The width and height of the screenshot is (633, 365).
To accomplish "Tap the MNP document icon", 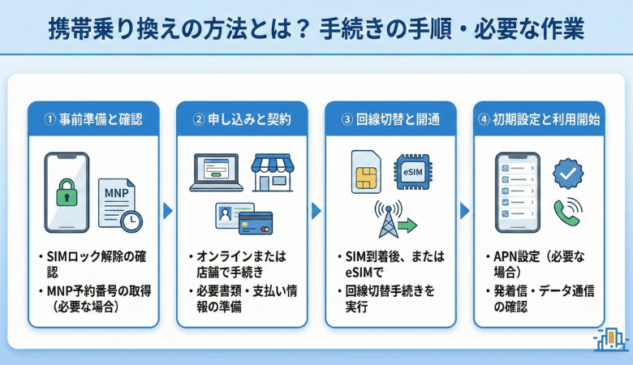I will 114,199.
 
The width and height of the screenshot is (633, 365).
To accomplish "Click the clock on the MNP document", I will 130,221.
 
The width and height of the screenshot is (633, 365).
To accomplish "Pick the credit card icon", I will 256,221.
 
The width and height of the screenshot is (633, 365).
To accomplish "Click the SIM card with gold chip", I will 366,171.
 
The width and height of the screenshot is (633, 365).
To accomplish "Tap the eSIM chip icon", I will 413,171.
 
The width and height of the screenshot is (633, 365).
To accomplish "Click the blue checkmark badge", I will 567,174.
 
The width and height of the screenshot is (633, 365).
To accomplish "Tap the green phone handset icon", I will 567,213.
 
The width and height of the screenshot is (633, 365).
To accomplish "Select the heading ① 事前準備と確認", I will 93,118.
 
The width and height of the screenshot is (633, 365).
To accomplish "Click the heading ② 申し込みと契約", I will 243,118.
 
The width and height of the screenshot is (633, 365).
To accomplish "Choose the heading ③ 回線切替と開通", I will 390,118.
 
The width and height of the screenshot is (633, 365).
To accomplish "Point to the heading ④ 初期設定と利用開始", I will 539,118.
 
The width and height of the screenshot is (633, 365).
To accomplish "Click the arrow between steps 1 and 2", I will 168,211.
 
